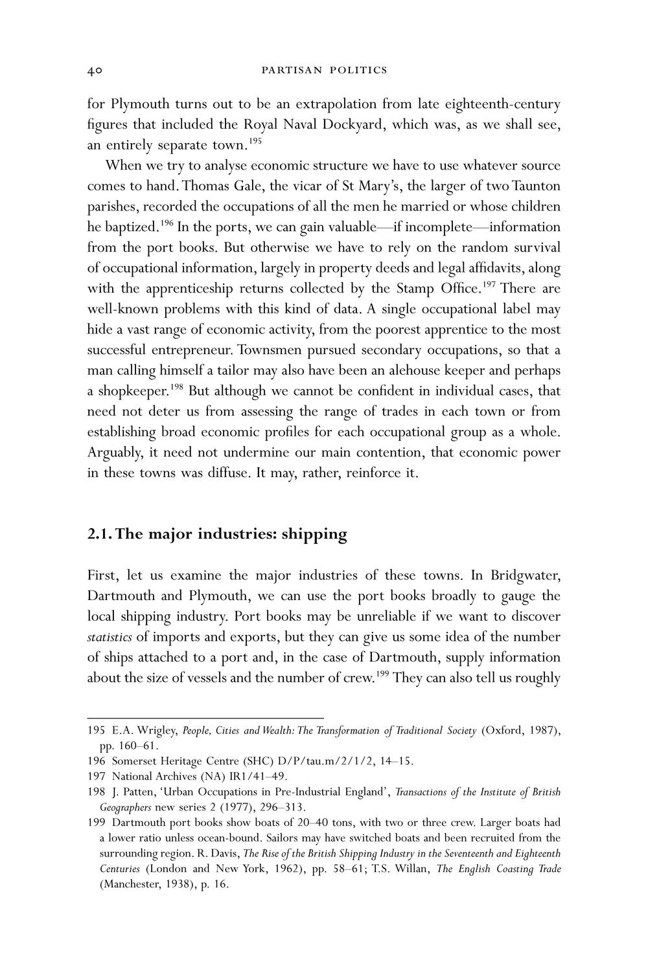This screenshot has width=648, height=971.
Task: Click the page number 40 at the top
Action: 95,70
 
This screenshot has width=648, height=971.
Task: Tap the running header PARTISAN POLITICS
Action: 324,70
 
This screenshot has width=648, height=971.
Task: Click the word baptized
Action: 122,227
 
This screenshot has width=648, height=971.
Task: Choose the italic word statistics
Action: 109,637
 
